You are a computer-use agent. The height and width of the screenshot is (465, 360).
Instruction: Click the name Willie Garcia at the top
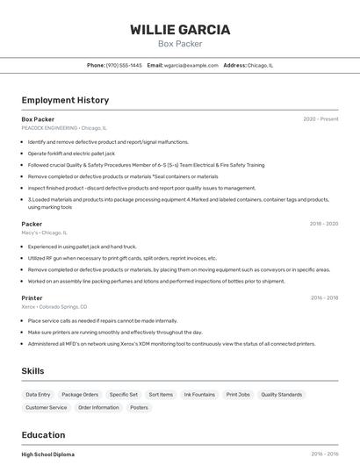180,30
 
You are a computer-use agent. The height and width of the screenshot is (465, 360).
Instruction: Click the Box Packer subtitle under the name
180,44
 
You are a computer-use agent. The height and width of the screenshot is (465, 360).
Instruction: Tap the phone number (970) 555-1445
124,65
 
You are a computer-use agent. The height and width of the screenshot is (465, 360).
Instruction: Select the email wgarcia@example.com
190,65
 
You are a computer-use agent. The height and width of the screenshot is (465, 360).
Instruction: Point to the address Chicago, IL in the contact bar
260,65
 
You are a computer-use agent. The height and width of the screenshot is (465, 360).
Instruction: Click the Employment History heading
65,100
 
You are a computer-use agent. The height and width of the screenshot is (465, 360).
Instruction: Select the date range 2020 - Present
320,119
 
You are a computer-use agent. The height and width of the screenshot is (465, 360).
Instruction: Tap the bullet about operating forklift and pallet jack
71,153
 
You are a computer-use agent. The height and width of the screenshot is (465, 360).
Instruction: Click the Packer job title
32,224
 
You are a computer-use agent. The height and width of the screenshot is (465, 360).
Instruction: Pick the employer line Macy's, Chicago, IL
44,232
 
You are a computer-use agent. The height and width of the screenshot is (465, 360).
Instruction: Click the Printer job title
32,298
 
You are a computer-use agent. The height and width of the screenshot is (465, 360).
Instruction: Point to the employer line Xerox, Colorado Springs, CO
54,307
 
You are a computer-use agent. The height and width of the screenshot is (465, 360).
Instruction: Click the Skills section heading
33,371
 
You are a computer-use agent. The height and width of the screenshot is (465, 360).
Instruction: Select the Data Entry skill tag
39,395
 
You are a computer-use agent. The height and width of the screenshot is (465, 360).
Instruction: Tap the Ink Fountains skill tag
199,395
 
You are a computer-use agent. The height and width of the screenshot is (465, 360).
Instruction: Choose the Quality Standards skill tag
281,395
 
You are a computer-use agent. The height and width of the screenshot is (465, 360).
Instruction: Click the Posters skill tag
139,407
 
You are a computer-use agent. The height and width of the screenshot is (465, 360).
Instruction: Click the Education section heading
43,435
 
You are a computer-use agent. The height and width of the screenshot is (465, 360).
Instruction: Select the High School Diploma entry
48,454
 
